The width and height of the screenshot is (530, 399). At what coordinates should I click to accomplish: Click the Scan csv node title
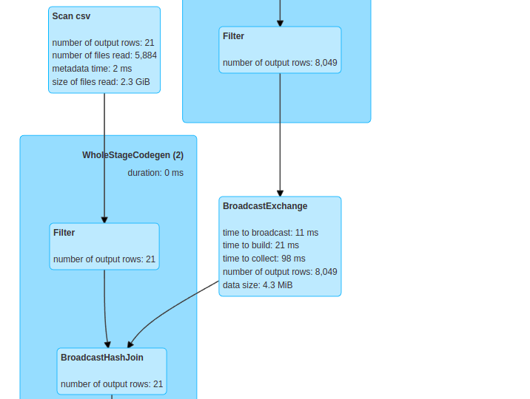[x=71, y=16]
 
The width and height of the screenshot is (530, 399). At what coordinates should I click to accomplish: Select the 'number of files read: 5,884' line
[x=104, y=55]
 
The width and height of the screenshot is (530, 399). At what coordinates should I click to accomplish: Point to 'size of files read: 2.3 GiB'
[x=101, y=82]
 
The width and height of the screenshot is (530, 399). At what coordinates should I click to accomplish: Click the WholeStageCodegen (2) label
[x=132, y=155]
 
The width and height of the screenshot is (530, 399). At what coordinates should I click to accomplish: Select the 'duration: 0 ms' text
[x=155, y=173]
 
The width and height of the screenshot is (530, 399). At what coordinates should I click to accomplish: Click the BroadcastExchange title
[x=265, y=206]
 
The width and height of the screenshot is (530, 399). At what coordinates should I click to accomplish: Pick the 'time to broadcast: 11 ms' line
[x=270, y=233]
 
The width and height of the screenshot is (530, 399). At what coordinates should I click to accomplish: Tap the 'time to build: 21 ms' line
[x=261, y=245]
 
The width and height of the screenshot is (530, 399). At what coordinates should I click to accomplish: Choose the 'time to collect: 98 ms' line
[x=264, y=259]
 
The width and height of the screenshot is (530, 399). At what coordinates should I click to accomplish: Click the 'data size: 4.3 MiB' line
[x=258, y=285]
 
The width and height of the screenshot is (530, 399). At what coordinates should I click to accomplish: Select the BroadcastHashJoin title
[x=102, y=358]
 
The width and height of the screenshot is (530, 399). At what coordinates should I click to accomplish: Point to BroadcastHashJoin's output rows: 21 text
[x=112, y=384]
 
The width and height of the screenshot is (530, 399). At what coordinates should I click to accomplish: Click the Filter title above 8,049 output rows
[x=233, y=36]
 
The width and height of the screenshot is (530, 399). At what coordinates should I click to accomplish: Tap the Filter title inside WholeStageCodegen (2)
[x=64, y=233]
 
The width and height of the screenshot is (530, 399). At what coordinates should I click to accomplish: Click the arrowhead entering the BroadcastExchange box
[x=280, y=192]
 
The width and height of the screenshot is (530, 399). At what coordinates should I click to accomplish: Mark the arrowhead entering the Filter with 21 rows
[x=104, y=219]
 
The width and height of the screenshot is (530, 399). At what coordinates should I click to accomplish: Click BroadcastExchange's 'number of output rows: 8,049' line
[x=280, y=272]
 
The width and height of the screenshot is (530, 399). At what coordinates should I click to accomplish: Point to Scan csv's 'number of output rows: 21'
[x=103, y=43]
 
